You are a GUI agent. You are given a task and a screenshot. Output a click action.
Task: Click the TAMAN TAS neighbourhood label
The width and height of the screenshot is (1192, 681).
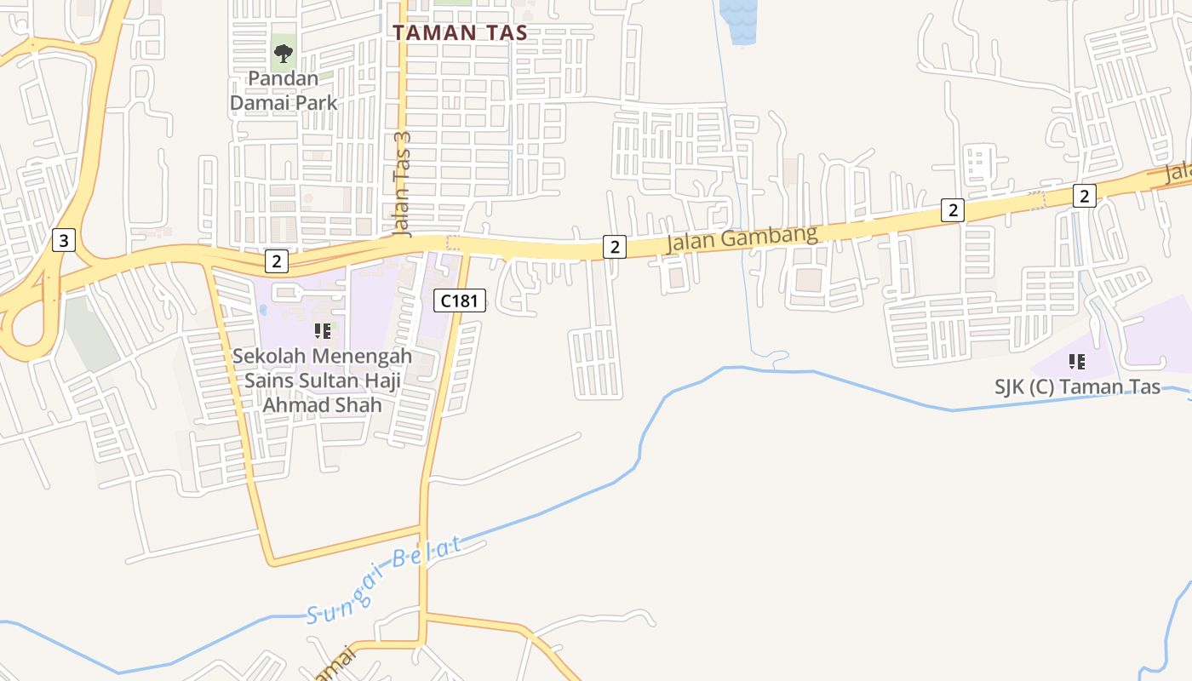pos(460,33)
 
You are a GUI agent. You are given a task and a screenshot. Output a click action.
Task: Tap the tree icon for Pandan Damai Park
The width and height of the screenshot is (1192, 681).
pos(284,54)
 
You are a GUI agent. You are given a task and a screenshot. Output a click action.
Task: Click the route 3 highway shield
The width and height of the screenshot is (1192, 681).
pos(63,240)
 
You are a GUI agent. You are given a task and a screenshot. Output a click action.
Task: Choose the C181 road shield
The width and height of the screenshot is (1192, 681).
pos(460,300)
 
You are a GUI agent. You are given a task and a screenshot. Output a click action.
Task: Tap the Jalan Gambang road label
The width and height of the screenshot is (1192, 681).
pos(741,237)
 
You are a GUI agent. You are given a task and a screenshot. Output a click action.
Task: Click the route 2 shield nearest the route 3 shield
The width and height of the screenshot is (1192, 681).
pos(276,261)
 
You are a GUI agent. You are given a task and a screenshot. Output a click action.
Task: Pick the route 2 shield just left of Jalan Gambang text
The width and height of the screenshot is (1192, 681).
pos(615,247)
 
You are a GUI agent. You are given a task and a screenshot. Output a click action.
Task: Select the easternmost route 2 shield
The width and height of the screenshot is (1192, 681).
pos(1083,196)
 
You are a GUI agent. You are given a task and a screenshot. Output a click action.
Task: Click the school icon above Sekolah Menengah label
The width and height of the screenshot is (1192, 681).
pos(322,330)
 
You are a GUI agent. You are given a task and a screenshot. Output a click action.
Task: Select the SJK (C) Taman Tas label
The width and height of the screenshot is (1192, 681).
pos(1077,386)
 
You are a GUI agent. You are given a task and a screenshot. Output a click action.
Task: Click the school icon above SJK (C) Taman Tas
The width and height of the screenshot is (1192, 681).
pos(1077,362)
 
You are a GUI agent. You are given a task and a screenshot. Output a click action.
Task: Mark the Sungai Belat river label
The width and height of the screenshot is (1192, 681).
pos(384,578)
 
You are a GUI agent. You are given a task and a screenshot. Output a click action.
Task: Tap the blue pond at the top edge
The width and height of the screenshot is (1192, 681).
pos(737,19)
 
